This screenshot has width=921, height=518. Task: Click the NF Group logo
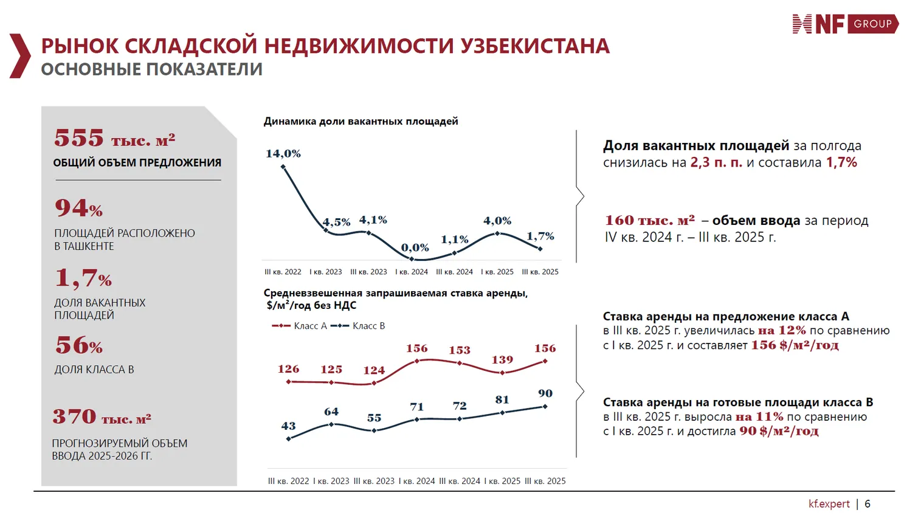[845, 24]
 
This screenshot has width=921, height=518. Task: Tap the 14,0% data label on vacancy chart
[283, 154]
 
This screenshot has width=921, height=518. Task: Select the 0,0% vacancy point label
[415, 248]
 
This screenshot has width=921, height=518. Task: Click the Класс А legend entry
[300, 326]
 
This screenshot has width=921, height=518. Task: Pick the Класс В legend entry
[359, 326]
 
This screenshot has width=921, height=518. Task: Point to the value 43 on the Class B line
[288, 426]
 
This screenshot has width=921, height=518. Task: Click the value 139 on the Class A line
[502, 360]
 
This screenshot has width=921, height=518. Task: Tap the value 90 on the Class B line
[545, 393]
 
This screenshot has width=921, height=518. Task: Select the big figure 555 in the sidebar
[79, 138]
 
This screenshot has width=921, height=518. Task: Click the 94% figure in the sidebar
[78, 208]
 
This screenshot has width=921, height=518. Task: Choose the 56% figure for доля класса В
[78, 345]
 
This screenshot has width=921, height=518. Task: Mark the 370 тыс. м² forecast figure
[102, 417]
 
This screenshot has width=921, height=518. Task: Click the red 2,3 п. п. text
[716, 162]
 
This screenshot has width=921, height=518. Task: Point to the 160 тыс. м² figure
[649, 220]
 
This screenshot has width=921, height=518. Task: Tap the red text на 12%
[782, 331]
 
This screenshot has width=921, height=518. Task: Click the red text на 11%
[759, 417]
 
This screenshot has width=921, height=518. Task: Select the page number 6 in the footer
[868, 504]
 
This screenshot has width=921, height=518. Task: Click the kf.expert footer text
[829, 504]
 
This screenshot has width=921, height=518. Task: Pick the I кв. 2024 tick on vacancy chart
[412, 272]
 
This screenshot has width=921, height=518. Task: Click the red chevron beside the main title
[20, 56]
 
